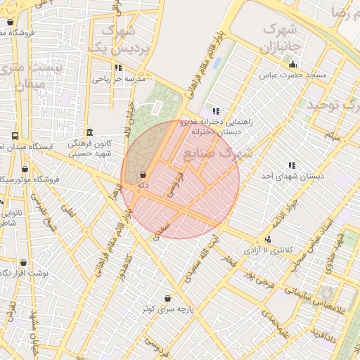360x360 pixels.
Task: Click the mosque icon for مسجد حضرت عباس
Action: click(x=292, y=65)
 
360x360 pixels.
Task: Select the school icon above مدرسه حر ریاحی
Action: click(x=118, y=68)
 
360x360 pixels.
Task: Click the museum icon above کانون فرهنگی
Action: click(x=89, y=132)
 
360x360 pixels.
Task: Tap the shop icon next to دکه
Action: click(x=143, y=174)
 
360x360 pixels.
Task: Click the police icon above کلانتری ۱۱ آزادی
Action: click(x=267, y=240)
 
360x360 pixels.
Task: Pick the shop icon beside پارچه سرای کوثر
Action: click(x=167, y=298)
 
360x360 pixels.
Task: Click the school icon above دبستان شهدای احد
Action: click(x=292, y=165)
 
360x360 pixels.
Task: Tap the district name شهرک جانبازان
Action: click(x=279, y=38)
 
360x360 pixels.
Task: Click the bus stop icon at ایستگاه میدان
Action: click(x=15, y=136)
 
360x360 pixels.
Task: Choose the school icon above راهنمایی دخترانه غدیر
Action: click(x=215, y=111)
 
